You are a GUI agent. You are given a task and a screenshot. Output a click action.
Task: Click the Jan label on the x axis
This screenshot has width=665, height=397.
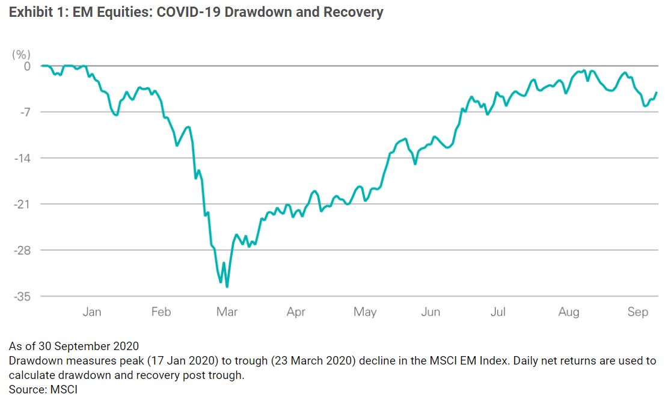[x=91, y=312]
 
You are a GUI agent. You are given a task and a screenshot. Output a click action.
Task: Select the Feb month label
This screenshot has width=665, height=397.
[x=161, y=312]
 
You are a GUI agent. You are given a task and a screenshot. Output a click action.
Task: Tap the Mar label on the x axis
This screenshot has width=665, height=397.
[x=227, y=312]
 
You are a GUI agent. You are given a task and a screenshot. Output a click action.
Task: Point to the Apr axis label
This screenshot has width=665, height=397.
[x=296, y=312]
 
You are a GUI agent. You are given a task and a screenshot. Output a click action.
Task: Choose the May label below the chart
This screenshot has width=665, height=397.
[x=364, y=312]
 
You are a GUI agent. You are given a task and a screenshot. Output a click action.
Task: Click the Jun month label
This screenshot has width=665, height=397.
[x=431, y=312]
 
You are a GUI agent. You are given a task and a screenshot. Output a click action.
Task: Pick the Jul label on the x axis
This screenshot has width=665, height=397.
[x=497, y=312]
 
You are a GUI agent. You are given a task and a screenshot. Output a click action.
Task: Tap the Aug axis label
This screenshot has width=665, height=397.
[x=568, y=312]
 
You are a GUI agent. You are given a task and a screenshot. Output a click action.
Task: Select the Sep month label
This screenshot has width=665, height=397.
[x=638, y=312]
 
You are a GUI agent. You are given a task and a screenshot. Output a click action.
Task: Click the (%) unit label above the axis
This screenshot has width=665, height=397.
[x=21, y=55]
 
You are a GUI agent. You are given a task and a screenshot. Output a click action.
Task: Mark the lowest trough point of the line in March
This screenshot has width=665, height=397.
[x=227, y=287]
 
